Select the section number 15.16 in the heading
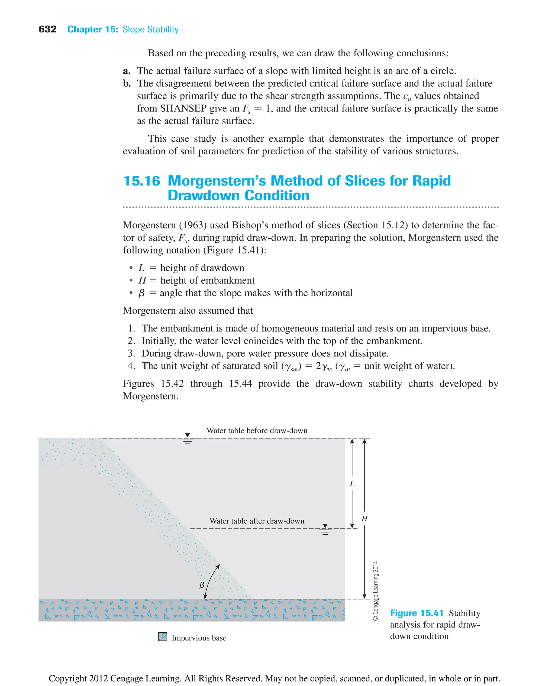tap(142, 181)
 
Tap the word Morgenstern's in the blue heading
tap(217, 181)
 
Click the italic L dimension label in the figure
tap(352, 484)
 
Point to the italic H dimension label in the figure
tap(364, 519)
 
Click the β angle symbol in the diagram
tap(202, 585)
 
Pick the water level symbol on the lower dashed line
tap(325, 529)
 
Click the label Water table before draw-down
tap(257, 430)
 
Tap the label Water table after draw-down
tap(257, 521)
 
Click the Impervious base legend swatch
tap(163, 636)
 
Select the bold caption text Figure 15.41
tap(417, 613)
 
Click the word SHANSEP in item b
tap(183, 108)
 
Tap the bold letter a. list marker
tap(127, 71)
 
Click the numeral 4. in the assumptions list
tap(131, 366)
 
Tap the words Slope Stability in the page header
tap(150, 30)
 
